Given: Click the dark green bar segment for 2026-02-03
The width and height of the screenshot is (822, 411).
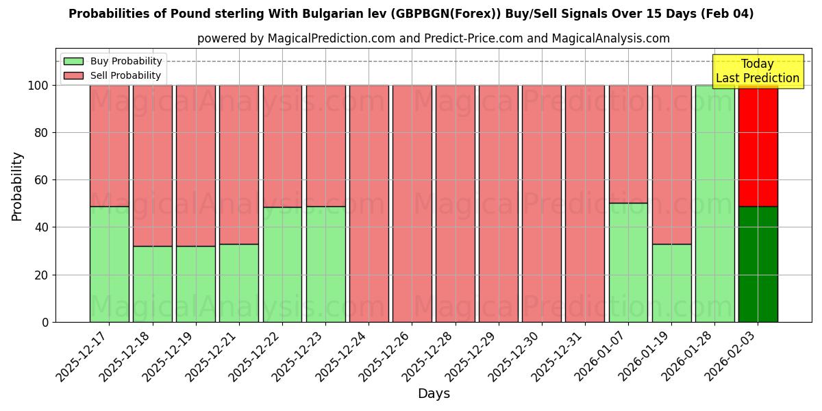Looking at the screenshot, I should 758,264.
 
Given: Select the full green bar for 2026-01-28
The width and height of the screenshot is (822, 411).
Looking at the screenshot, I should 714,203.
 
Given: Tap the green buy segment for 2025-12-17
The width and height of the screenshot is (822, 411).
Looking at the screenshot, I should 109,264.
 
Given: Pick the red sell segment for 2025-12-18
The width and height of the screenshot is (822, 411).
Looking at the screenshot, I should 152,164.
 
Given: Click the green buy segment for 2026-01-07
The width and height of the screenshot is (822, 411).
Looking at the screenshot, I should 628,262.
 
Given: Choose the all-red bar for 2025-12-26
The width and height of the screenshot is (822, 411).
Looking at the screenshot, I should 412,203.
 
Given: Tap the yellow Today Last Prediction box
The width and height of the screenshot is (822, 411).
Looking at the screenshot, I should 757,71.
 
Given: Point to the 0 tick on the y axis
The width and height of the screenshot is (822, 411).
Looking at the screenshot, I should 45,322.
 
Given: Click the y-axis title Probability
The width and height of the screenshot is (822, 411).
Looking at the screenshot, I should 17,186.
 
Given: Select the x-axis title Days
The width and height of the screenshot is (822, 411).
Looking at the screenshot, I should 434,394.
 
